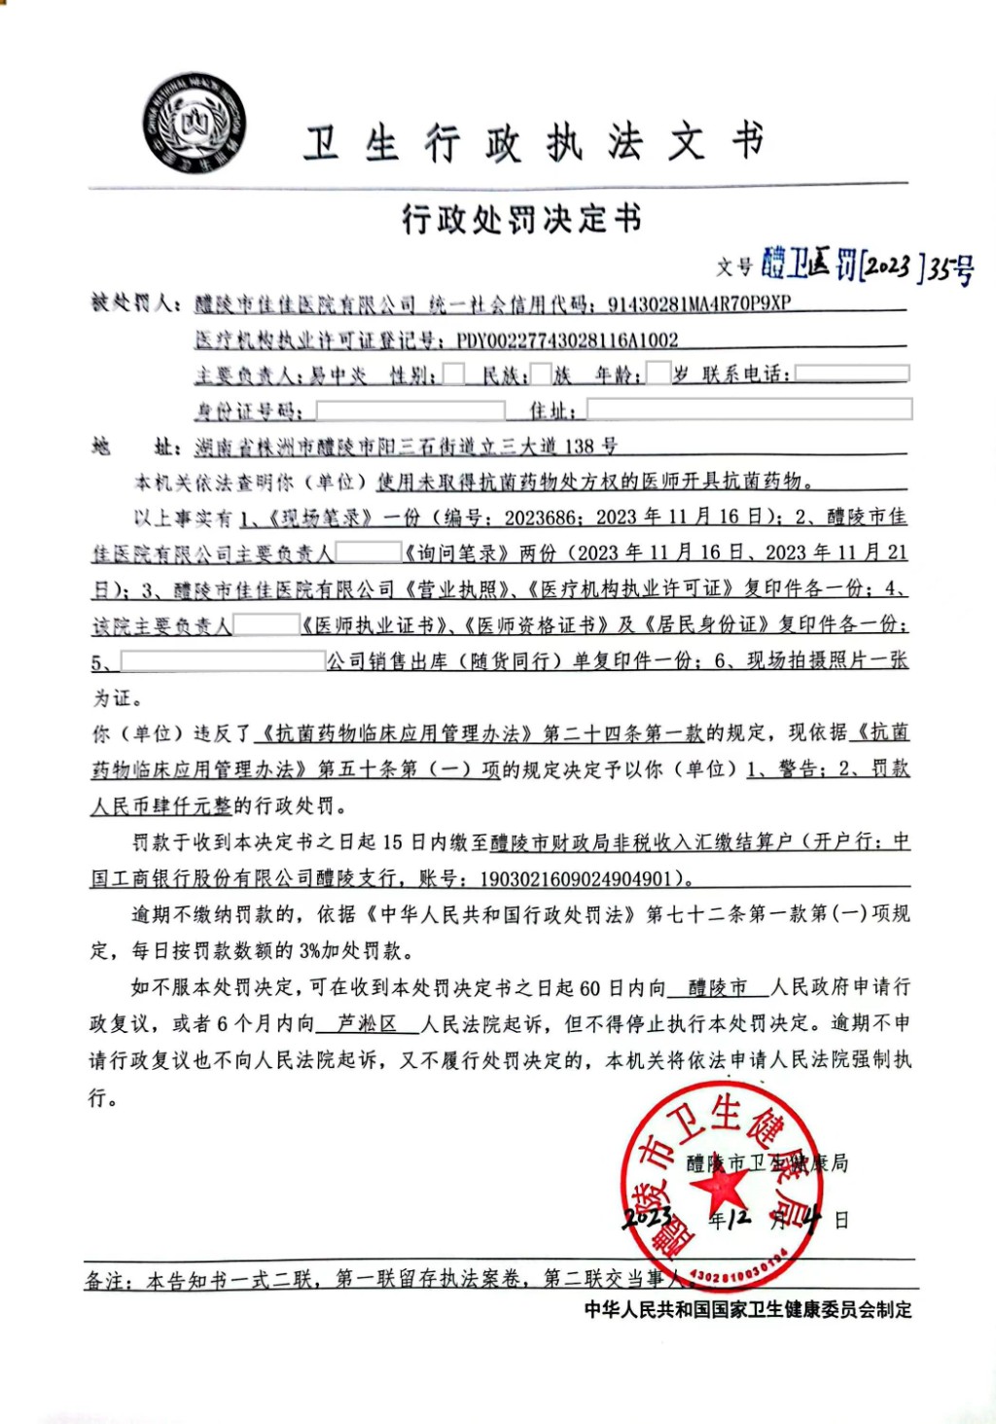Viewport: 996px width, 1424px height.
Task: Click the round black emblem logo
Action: click(195, 125)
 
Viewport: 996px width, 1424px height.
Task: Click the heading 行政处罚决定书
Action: click(522, 220)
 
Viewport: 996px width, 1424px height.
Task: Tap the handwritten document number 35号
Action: click(949, 269)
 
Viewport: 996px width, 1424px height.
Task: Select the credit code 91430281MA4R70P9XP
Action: click(698, 303)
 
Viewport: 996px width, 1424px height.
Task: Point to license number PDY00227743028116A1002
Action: click(567, 340)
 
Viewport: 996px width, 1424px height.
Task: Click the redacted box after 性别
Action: click(453, 374)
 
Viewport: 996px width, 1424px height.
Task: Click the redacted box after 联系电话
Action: click(851, 374)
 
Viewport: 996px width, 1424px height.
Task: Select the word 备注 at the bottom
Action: click(105, 1280)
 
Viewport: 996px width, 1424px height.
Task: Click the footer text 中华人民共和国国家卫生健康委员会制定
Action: click(748, 1309)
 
